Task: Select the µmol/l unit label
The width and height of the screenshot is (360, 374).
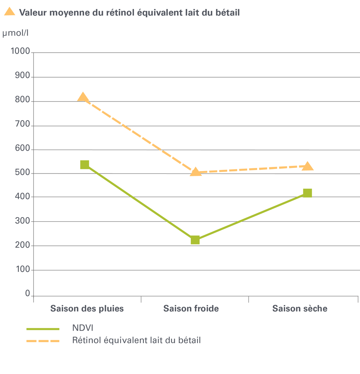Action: pyautogui.click(x=15, y=34)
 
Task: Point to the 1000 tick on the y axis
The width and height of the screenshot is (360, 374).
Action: pyautogui.click(x=21, y=52)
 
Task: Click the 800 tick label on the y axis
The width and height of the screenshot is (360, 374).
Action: pyautogui.click(x=23, y=101)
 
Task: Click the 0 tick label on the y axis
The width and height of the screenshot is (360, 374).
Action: pyautogui.click(x=27, y=294)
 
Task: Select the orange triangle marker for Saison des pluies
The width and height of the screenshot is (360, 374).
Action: pyautogui.click(x=83, y=97)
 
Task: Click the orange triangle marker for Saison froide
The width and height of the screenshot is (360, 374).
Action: pyautogui.click(x=196, y=172)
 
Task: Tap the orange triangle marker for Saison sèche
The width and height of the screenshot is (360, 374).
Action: pyautogui.click(x=307, y=167)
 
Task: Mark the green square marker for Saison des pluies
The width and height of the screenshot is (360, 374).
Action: pyautogui.click(x=85, y=164)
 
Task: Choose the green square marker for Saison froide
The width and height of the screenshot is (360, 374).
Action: pyautogui.click(x=195, y=240)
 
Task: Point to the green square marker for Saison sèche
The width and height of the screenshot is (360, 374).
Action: pyautogui.click(x=307, y=193)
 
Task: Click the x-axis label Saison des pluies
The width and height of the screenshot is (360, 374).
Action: pyautogui.click(x=87, y=309)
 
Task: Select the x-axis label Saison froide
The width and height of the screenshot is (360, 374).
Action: pyautogui.click(x=191, y=309)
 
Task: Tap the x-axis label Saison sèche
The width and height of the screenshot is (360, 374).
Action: pyautogui.click(x=300, y=309)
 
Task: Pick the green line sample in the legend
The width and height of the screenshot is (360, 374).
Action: pyautogui.click(x=43, y=329)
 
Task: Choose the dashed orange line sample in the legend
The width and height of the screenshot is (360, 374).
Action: pyautogui.click(x=43, y=341)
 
